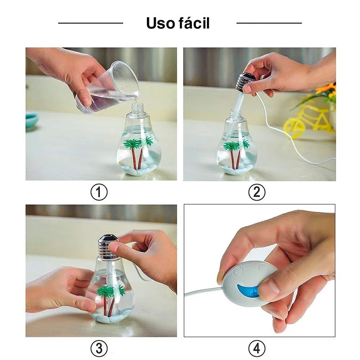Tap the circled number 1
(99, 192)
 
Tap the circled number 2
(257, 192)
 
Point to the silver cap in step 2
(245, 82)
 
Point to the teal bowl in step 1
(32, 120)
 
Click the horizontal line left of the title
(91, 23)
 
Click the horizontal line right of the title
(269, 23)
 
